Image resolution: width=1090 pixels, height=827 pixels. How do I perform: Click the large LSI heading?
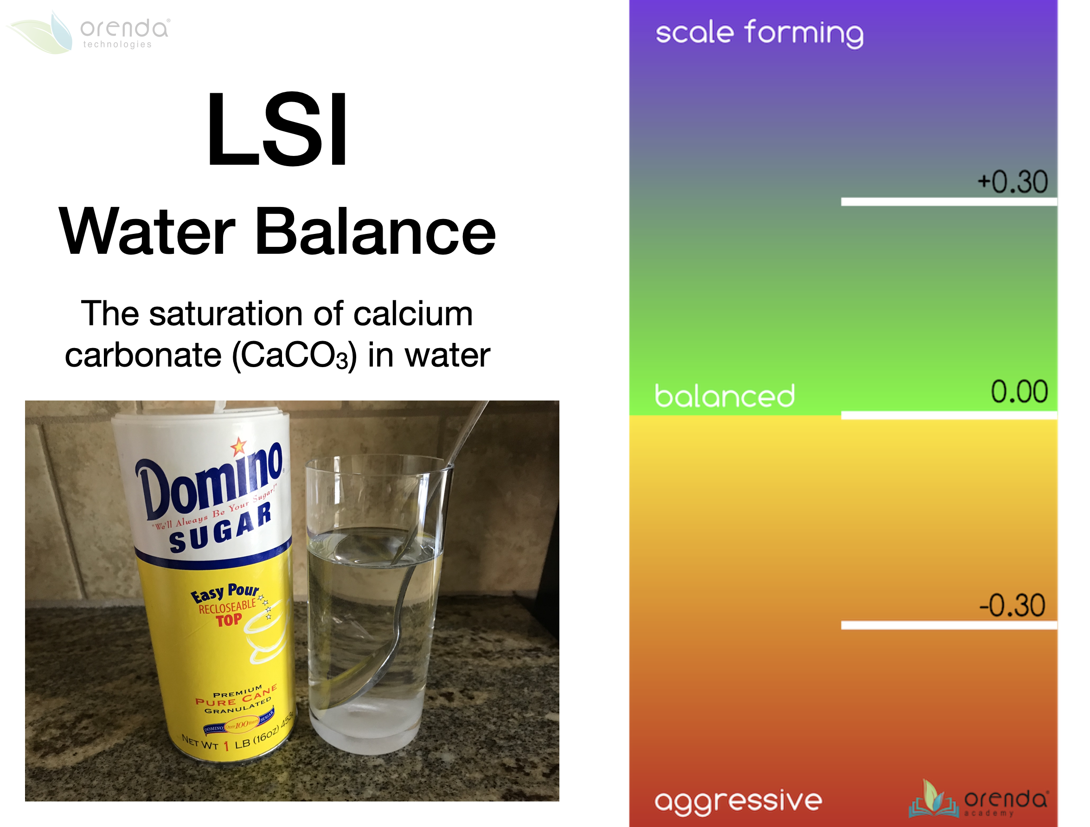click(x=277, y=129)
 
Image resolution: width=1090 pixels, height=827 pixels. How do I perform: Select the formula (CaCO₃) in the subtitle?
click(x=294, y=355)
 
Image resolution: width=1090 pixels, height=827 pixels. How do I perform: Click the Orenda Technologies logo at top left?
click(x=89, y=32)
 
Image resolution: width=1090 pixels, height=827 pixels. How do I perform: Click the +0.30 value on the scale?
click(x=1013, y=182)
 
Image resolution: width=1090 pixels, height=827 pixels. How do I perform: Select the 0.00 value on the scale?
click(x=1019, y=392)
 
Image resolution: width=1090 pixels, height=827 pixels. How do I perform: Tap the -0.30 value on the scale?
click(x=1012, y=606)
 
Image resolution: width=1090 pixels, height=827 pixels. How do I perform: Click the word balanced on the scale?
click(x=725, y=396)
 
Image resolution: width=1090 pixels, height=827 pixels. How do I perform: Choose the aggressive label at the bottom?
click(x=737, y=801)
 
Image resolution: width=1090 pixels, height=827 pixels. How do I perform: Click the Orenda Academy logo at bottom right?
click(x=978, y=799)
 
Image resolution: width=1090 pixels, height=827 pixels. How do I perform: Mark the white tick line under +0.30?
click(x=949, y=202)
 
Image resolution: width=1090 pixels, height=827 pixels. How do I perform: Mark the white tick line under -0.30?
click(x=949, y=626)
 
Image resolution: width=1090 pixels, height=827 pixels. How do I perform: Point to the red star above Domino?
click(x=238, y=446)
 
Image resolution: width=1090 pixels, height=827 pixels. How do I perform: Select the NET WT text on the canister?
click(x=199, y=742)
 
